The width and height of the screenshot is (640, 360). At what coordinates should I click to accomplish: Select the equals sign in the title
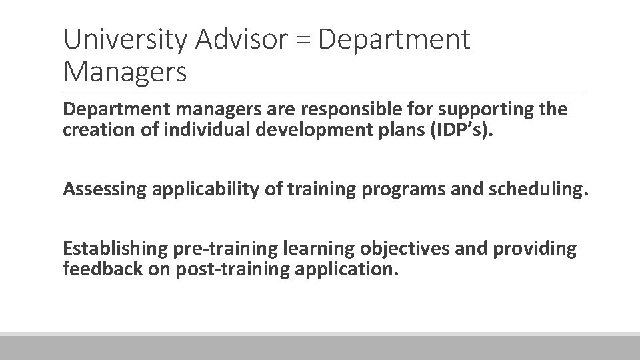click(x=306, y=41)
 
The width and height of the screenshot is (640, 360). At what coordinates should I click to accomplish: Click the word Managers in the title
click(x=125, y=71)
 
